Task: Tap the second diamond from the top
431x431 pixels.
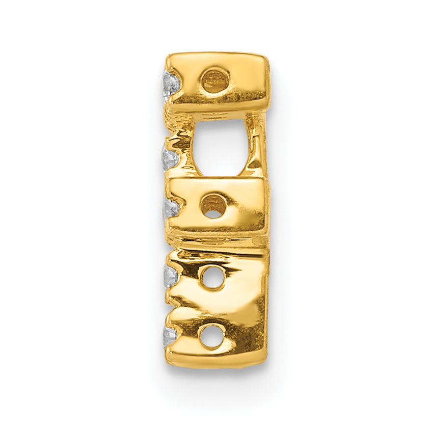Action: (x=169, y=158)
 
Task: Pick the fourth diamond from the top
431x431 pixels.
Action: (x=171, y=276)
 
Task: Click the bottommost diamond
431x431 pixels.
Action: (x=170, y=336)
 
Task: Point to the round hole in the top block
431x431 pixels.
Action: (x=215, y=80)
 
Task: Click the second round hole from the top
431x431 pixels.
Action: (x=214, y=205)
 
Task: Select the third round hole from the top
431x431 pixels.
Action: (x=212, y=278)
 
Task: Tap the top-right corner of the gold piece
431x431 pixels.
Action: (x=266, y=55)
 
